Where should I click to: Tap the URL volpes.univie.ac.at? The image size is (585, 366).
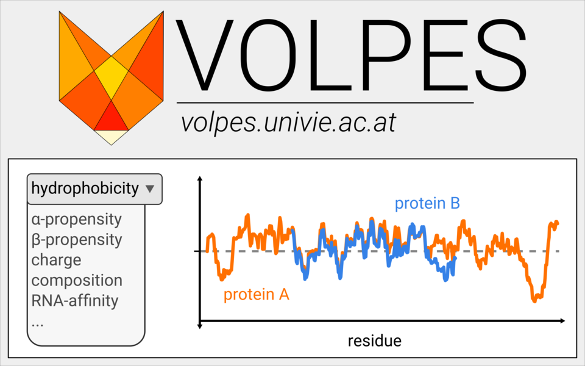(288, 123)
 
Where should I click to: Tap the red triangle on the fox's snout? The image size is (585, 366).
(111, 117)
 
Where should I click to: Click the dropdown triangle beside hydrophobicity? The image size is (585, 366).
(150, 189)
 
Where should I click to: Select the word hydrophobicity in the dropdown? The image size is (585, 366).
(85, 188)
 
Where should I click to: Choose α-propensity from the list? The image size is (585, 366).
(76, 219)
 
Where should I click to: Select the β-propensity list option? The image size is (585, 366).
(76, 239)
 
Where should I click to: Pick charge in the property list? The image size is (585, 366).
(56, 260)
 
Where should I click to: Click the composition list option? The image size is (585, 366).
(77, 281)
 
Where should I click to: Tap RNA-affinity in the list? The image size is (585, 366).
(74, 301)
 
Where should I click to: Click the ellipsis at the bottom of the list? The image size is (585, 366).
(38, 324)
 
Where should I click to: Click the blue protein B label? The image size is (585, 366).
(427, 203)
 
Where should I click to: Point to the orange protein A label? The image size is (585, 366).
(256, 295)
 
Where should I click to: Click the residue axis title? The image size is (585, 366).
(374, 340)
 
